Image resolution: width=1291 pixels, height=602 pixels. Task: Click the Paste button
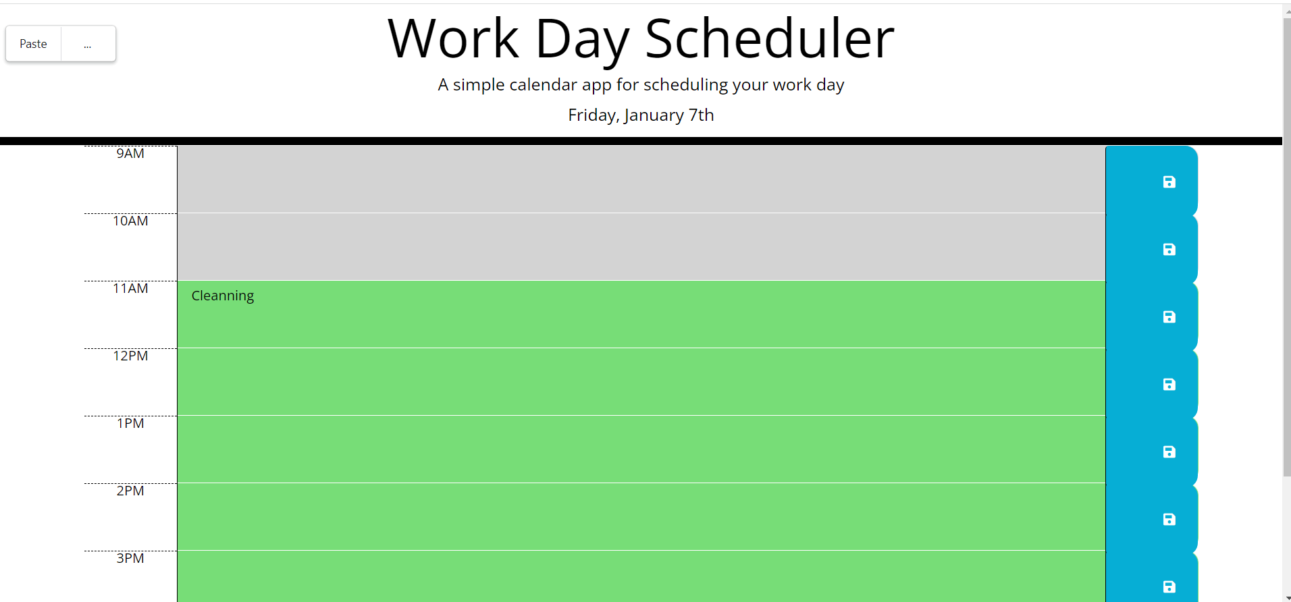pos(33,44)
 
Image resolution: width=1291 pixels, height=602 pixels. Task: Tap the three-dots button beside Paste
pos(88,44)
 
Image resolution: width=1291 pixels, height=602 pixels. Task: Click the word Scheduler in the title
pos(769,39)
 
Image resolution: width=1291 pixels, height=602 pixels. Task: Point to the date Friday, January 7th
pos(641,115)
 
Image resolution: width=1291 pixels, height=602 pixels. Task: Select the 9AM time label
pos(130,154)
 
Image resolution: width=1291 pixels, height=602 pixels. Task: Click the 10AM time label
pos(130,221)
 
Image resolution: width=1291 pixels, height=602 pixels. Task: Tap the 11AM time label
pos(130,289)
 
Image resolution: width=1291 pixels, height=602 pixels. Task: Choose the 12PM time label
pos(130,356)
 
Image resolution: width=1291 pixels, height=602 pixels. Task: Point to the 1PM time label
pos(130,424)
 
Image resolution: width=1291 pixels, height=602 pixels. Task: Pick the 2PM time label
pos(130,491)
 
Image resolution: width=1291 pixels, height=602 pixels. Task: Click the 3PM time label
pos(130,559)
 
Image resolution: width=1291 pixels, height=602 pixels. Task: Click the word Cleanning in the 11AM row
pos(223,296)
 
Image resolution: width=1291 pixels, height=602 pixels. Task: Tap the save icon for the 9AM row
pos(1169,182)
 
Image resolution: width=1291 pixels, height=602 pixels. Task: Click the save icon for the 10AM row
pos(1169,250)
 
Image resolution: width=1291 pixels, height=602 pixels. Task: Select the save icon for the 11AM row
pos(1169,317)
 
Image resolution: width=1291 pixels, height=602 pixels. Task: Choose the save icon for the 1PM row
pos(1169,452)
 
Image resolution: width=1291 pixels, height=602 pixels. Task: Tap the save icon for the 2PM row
pos(1169,520)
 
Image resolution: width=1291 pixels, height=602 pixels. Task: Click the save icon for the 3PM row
pos(1169,586)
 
